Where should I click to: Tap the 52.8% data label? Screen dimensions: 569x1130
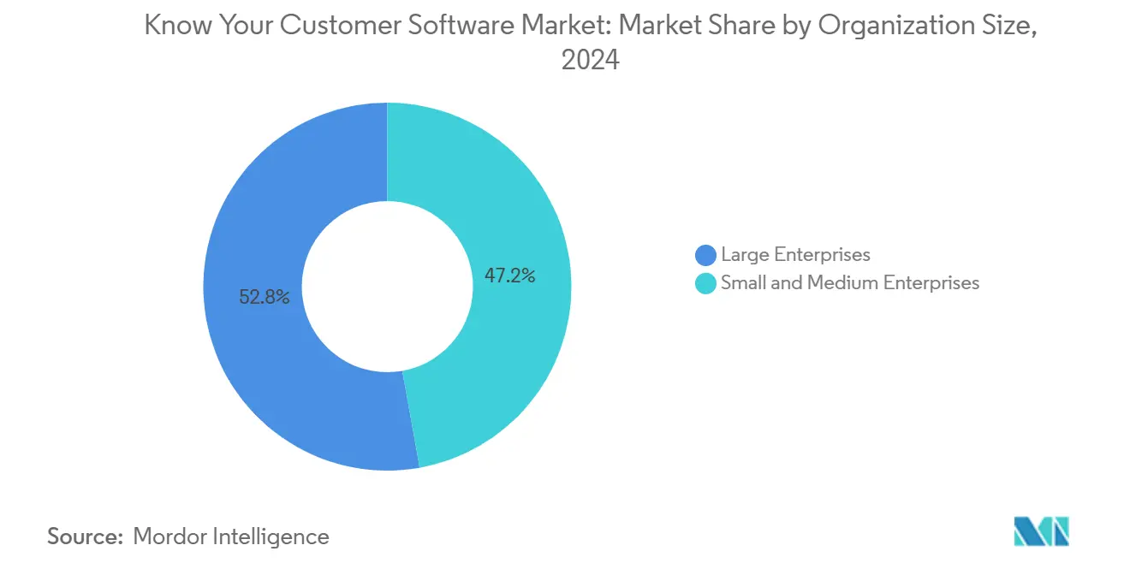[x=265, y=297]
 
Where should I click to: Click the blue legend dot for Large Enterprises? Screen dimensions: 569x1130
[x=706, y=255]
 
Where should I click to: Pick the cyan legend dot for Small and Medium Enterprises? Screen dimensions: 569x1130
[x=706, y=283]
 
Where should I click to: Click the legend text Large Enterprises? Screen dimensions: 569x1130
[x=795, y=255]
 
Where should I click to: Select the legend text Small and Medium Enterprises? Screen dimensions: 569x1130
[x=849, y=283]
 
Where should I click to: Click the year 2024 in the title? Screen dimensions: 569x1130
[x=590, y=61]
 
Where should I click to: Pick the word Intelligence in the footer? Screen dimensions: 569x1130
[x=276, y=536]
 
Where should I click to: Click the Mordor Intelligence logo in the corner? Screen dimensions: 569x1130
[x=1041, y=531]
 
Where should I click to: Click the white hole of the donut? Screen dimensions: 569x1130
[x=387, y=287]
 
